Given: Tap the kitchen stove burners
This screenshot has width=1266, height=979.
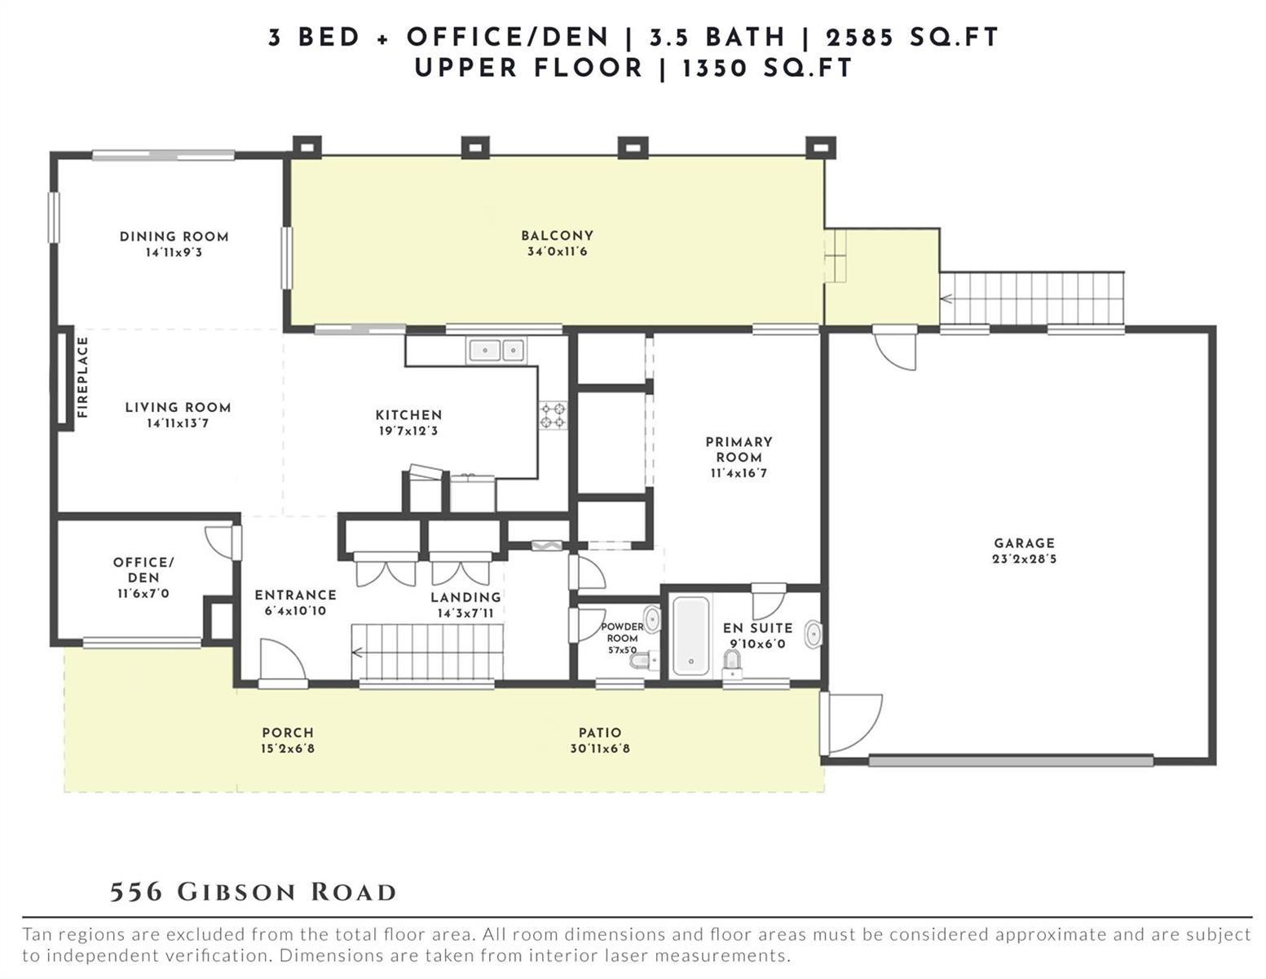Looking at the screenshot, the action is point(553,414).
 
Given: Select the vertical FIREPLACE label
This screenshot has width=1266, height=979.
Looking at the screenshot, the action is point(82,377).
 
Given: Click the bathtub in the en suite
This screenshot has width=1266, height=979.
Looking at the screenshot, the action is point(690,636).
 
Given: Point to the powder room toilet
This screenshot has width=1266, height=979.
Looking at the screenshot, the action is point(643,660).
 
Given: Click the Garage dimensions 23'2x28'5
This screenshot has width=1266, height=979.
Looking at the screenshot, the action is point(1024,559).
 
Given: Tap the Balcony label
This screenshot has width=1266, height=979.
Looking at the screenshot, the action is point(558,236).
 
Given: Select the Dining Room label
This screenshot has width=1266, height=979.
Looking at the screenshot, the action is point(174,237).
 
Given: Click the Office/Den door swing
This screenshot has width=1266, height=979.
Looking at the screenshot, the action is point(220,542).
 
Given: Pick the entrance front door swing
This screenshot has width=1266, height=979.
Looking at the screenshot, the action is point(284,659).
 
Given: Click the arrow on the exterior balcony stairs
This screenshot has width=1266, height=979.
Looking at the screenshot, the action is point(946,299).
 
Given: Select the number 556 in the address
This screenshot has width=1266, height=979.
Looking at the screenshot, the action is point(136,893).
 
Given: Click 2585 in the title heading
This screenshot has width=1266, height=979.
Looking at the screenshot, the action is point(859,38).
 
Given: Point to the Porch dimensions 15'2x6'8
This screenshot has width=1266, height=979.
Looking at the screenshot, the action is point(288,748).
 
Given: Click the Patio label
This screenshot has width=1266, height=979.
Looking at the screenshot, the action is point(600,733).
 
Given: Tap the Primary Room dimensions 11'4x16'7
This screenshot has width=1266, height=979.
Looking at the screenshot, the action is point(739,473).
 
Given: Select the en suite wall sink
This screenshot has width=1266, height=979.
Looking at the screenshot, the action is point(814,635).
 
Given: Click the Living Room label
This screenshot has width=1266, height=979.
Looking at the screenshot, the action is point(179,408).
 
